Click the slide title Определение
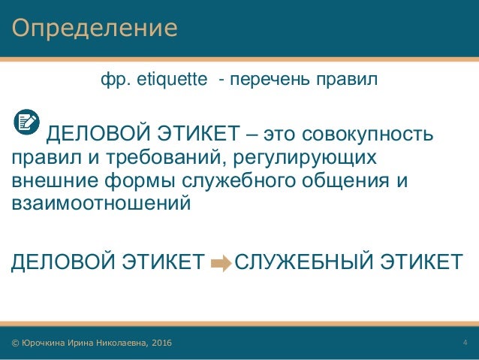pyautogui.click(x=95, y=29)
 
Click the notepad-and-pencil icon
pyautogui.click(x=28, y=122)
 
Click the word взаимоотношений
pyautogui.click(x=96, y=204)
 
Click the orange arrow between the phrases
pyautogui.click(x=221, y=262)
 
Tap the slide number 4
pyautogui.click(x=465, y=343)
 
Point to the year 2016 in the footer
pyautogui.click(x=160, y=343)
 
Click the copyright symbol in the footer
pyautogui.click(x=15, y=343)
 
